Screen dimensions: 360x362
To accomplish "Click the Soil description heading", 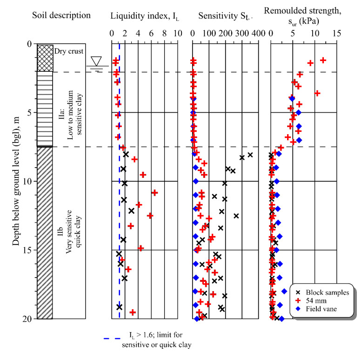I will pyautogui.click(x=61, y=15).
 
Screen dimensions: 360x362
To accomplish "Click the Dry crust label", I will pyautogui.click(x=67, y=51).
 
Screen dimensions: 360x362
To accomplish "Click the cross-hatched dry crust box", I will pyautogui.click(x=46, y=58).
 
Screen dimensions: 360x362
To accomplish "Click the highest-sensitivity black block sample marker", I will pyautogui.click(x=250, y=155).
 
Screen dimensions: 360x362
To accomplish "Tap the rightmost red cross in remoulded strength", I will pyautogui.click(x=323, y=60).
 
